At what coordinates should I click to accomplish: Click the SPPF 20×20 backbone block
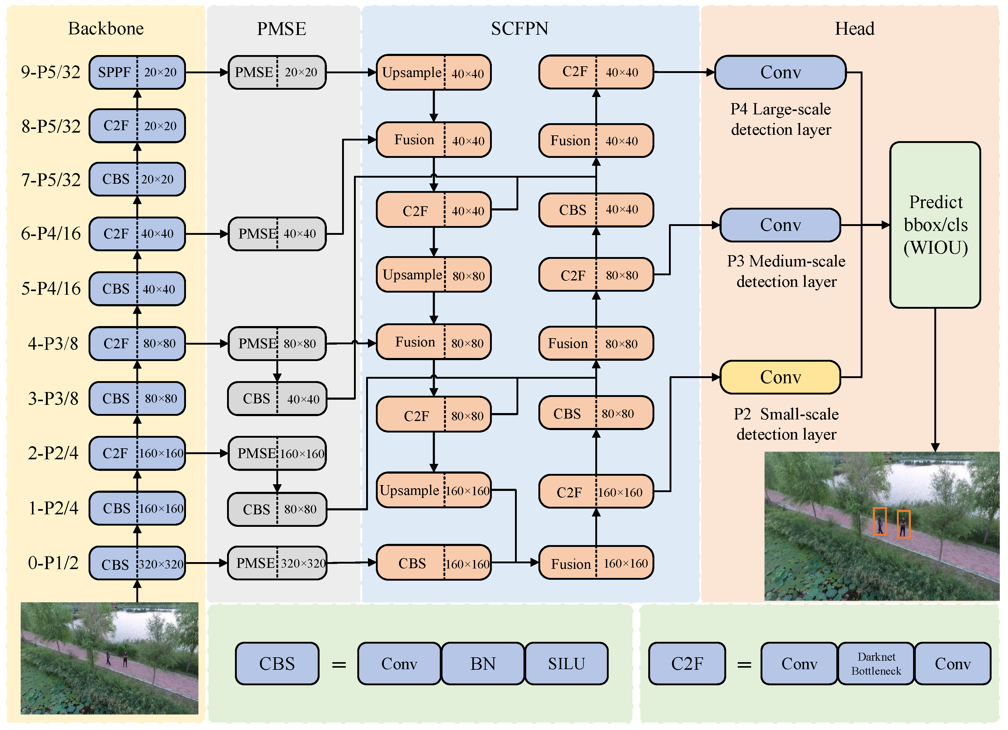tap(137, 72)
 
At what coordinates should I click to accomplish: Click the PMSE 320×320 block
tap(277, 563)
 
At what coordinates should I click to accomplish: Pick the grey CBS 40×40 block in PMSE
tap(277, 398)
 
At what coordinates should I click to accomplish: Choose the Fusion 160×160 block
tap(596, 563)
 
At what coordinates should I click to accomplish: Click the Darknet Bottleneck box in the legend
tap(876, 663)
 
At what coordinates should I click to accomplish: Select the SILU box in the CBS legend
tap(566, 663)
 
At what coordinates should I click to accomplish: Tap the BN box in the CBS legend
tap(483, 663)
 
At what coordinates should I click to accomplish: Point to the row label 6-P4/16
tap(51, 234)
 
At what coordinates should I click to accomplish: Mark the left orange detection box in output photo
tap(879, 521)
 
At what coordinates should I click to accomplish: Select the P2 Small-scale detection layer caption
tap(786, 424)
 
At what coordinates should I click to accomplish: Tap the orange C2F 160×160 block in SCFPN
tap(596, 492)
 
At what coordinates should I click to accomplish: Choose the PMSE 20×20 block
tap(277, 72)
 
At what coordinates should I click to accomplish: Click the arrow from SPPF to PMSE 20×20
tap(207, 72)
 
